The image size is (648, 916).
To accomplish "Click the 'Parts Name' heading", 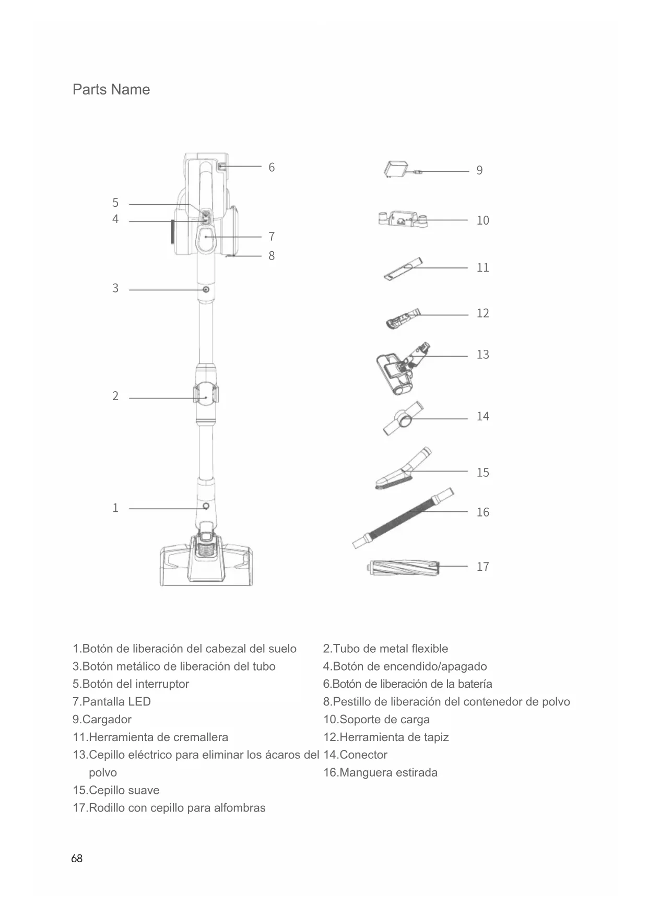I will click(x=111, y=90).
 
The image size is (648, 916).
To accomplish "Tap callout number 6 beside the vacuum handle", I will click(x=272, y=168).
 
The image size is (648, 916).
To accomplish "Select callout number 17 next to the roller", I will click(x=482, y=567).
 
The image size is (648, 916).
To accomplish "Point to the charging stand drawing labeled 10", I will click(x=402, y=219).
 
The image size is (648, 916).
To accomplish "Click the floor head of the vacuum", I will click(x=207, y=564).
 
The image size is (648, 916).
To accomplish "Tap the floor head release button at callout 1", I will click(x=206, y=507).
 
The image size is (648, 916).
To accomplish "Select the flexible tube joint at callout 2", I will click(x=206, y=397).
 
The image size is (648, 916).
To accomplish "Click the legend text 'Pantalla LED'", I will click(x=116, y=702).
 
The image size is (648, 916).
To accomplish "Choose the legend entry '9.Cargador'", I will click(x=102, y=720).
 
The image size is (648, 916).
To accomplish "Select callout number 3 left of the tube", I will click(x=115, y=288).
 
